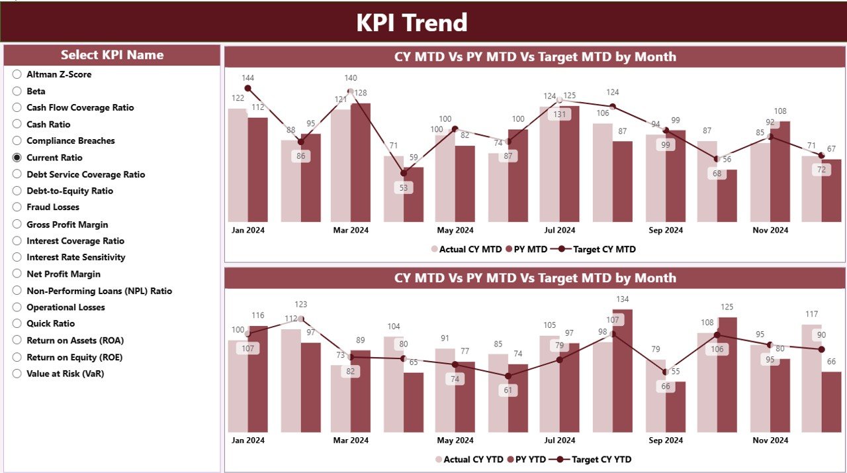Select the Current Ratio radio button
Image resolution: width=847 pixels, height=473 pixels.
tap(17, 158)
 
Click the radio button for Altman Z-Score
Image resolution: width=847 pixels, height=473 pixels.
tap(17, 74)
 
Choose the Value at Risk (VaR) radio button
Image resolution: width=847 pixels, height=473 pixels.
tap(17, 374)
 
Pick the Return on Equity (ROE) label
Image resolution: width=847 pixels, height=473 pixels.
tap(74, 357)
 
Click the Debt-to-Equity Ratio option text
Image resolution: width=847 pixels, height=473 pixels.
tap(69, 191)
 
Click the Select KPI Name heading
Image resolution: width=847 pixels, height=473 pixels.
tap(112, 55)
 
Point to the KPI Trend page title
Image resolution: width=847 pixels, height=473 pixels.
tap(412, 23)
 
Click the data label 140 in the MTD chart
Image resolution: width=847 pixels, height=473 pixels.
tap(351, 78)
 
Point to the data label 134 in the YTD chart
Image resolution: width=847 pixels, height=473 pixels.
tap(623, 299)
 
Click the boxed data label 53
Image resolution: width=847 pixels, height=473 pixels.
tap(403, 187)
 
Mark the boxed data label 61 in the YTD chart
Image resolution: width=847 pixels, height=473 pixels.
tap(508, 390)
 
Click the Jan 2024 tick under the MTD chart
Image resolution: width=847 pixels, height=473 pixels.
tap(247, 231)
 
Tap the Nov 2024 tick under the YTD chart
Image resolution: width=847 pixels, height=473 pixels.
tap(770, 440)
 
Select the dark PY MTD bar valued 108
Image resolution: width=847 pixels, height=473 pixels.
tap(780, 172)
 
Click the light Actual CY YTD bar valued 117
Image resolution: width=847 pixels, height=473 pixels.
tap(811, 378)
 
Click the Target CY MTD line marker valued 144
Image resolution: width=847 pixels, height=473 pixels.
tap(248, 88)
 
